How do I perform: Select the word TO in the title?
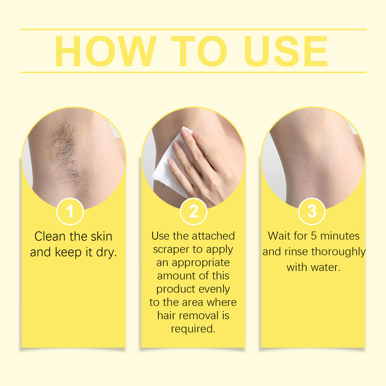[x=199, y=52]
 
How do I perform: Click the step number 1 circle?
[x=70, y=211]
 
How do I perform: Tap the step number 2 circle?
[x=193, y=211]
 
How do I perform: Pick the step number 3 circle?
[x=312, y=211]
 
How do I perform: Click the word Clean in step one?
[x=50, y=237]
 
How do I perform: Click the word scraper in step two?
[x=171, y=250]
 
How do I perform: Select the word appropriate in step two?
[x=201, y=263]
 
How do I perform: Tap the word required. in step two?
[x=193, y=329]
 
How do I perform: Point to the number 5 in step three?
[x=314, y=236]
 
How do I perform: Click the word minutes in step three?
[x=340, y=236]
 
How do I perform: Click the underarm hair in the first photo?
[x=65, y=153]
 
